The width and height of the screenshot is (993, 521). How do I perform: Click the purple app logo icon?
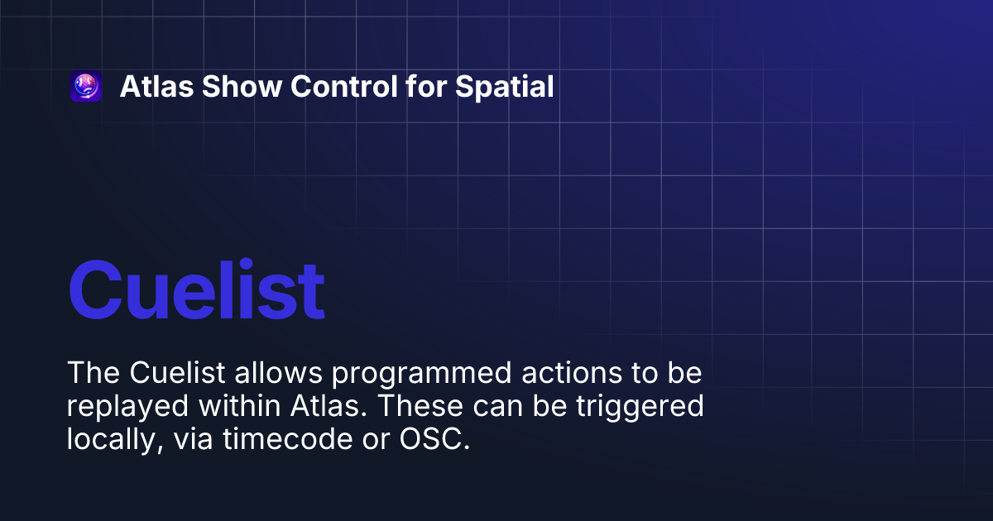[x=86, y=87]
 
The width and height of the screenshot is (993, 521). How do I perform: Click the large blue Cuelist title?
[x=196, y=290]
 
